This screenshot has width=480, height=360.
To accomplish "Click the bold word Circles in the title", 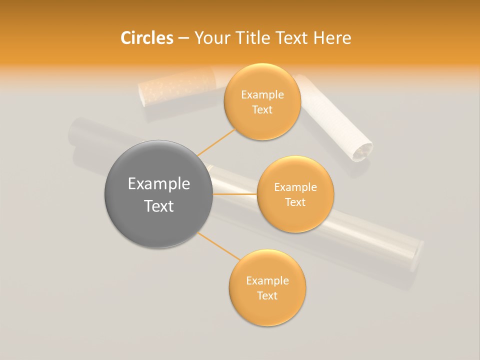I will coord(147,38).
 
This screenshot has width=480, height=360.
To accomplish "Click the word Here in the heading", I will coord(333,38).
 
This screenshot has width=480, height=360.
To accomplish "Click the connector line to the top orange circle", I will coord(216,142).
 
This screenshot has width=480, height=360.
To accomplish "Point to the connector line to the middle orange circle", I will coord(235,194).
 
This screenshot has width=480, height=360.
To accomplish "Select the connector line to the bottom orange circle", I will coord(218,246).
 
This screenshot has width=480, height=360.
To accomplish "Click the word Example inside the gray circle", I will coord(159,184).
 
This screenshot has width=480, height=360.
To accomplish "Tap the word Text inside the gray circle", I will coord(159,206).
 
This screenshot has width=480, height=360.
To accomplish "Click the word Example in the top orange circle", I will coord(262,95).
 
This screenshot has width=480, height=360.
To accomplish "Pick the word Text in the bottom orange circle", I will coord(267,295).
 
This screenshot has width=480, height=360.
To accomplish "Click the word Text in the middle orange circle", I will coord(295,202).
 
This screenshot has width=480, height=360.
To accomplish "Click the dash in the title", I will coord(183,38).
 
